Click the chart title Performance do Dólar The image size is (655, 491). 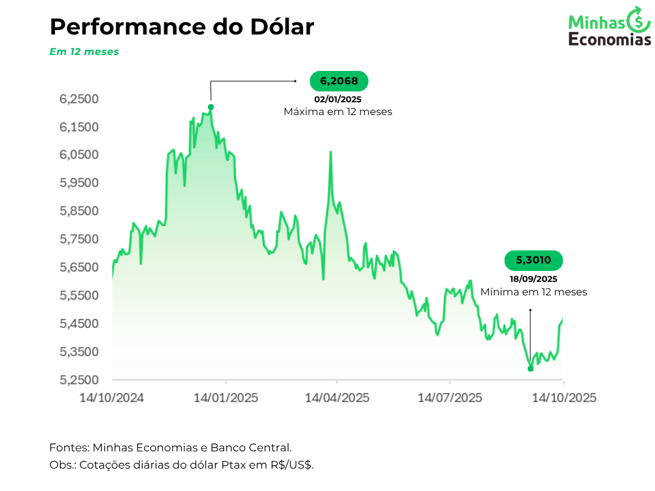click(182, 27)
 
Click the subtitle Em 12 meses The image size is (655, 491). click(84, 52)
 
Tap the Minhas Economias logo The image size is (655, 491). click(609, 27)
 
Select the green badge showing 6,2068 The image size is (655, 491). click(339, 81)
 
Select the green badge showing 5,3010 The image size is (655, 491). click(533, 260)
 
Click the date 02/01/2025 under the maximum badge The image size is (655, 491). click(338, 99)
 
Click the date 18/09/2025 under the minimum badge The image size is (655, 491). click(533, 279)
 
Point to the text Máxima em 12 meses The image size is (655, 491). click(338, 111)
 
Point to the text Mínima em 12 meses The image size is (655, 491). click(533, 292)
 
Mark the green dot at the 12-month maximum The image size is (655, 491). click(210, 107)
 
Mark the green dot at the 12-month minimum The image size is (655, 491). click(530, 368)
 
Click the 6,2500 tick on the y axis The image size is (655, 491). click(79, 99)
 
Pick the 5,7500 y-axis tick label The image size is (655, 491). click(79, 239)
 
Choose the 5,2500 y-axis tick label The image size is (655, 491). click(79, 380)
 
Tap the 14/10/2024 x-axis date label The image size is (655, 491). click(112, 398)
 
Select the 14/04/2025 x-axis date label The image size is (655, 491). click(337, 398)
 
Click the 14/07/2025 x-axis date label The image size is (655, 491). click(450, 398)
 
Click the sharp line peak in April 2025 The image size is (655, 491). click(330, 152)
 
